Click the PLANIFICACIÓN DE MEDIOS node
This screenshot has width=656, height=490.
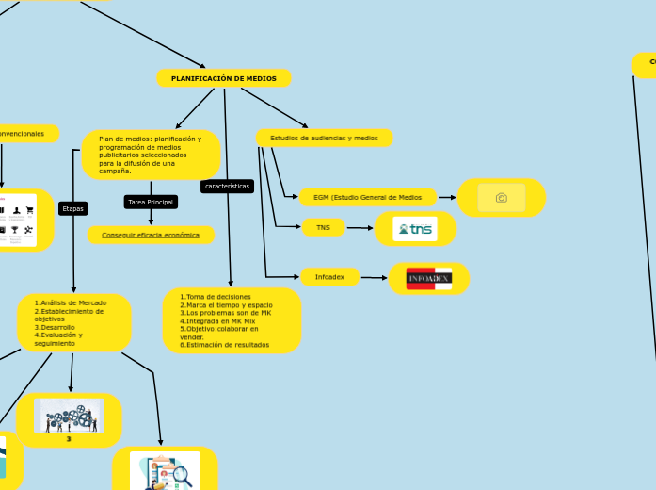click(224, 78)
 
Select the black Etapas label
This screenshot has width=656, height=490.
click(72, 208)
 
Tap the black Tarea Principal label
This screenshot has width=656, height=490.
click(151, 202)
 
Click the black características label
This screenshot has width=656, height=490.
click(227, 186)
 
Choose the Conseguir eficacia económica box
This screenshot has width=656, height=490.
click(151, 235)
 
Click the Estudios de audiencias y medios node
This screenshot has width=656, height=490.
click(324, 138)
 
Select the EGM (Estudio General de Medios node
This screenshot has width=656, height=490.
click(367, 197)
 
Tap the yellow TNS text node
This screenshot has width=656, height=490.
click(323, 227)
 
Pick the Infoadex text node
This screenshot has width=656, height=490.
click(329, 277)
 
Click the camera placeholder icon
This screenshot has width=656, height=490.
click(502, 197)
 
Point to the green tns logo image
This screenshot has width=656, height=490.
click(415, 229)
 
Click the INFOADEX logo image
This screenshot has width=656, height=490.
click(428, 278)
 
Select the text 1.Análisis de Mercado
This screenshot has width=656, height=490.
click(71, 302)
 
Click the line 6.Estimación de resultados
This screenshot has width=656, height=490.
click(224, 345)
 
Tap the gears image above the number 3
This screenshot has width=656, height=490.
click(70, 416)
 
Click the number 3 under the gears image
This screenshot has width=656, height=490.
click(69, 438)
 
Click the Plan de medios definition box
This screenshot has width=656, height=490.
click(151, 155)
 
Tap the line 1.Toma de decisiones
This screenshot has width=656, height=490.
click(216, 297)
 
